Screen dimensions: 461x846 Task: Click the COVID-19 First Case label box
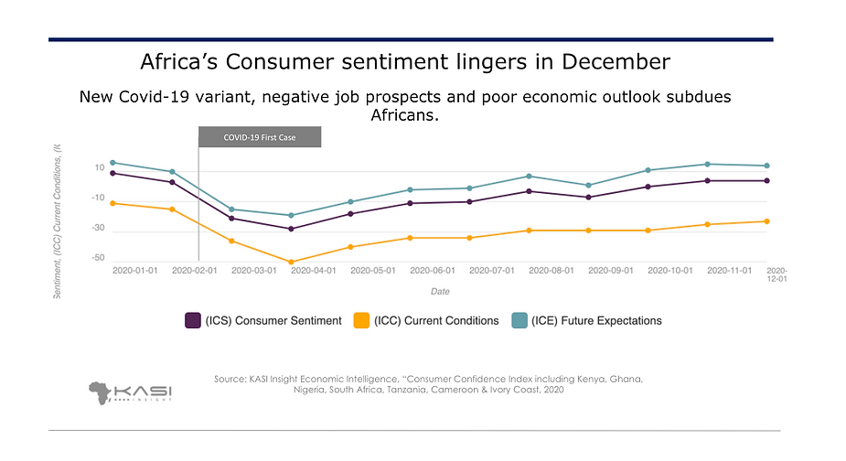260,137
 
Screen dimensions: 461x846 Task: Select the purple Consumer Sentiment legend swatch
193,320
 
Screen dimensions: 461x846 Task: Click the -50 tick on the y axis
98,259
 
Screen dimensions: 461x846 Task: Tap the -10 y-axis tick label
98,198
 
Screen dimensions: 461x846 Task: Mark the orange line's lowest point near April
291,263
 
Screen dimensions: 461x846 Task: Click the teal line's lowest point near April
291,216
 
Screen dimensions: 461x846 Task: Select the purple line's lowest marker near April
291,229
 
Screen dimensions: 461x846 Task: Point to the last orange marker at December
766,221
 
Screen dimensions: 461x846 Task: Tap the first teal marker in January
112,163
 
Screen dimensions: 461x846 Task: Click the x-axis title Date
440,292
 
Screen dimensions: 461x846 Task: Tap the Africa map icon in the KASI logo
102,392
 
